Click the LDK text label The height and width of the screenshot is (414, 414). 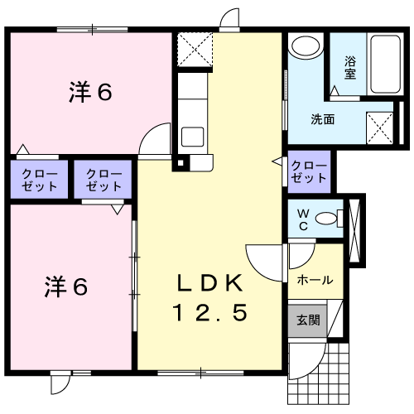click(209, 282)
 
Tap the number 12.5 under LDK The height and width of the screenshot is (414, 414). click(209, 313)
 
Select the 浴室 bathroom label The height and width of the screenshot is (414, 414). click(349, 67)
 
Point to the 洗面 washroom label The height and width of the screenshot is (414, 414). click(322, 118)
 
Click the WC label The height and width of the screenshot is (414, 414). click(302, 219)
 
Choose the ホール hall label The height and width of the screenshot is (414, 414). click(315, 280)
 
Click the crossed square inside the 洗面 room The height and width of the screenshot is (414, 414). click(380, 128)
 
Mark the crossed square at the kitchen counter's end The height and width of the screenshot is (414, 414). click(195, 49)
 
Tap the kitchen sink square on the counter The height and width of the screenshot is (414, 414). click(193, 137)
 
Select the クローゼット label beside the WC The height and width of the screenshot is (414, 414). click(308, 171)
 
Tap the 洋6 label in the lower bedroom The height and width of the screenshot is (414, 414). click(66, 287)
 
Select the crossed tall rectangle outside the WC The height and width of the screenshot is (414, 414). click(356, 229)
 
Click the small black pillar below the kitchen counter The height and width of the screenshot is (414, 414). click(176, 162)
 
